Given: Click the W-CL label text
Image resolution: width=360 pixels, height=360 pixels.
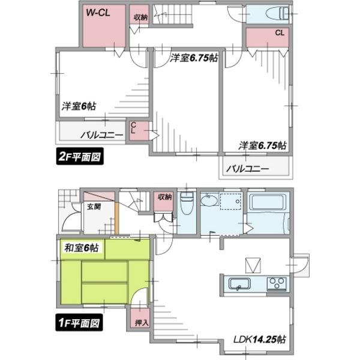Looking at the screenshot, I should pyautogui.click(x=98, y=12).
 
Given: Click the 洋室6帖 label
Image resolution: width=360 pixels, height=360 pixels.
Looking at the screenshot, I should pyautogui.click(x=79, y=107).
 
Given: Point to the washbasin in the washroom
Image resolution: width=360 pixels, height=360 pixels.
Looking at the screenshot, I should pyautogui.click(x=211, y=202).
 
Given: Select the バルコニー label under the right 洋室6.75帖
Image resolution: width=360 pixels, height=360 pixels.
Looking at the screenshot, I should pyautogui.click(x=248, y=169).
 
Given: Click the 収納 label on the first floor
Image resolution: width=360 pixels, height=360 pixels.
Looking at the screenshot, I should pyautogui.click(x=164, y=196).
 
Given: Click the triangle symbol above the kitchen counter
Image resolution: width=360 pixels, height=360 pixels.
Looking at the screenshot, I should pyautogui.click(x=252, y=265).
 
